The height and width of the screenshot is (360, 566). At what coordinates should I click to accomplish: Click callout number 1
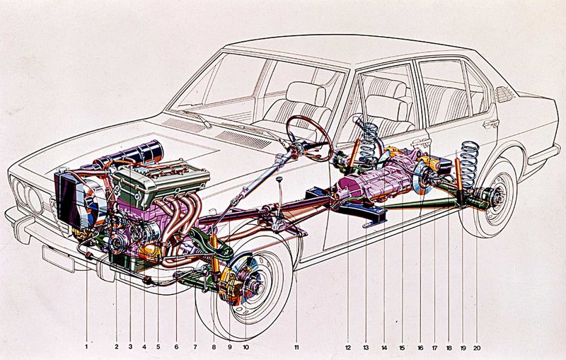pyautogui.click(x=86, y=347)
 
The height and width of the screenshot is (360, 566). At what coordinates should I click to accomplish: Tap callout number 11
pyautogui.click(x=297, y=347)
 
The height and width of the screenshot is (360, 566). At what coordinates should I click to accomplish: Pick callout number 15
pyautogui.click(x=402, y=347)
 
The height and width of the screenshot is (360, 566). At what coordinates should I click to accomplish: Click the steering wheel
pyautogui.click(x=309, y=138)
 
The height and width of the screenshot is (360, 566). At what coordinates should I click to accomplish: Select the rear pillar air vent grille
pyautogui.click(x=504, y=94)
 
